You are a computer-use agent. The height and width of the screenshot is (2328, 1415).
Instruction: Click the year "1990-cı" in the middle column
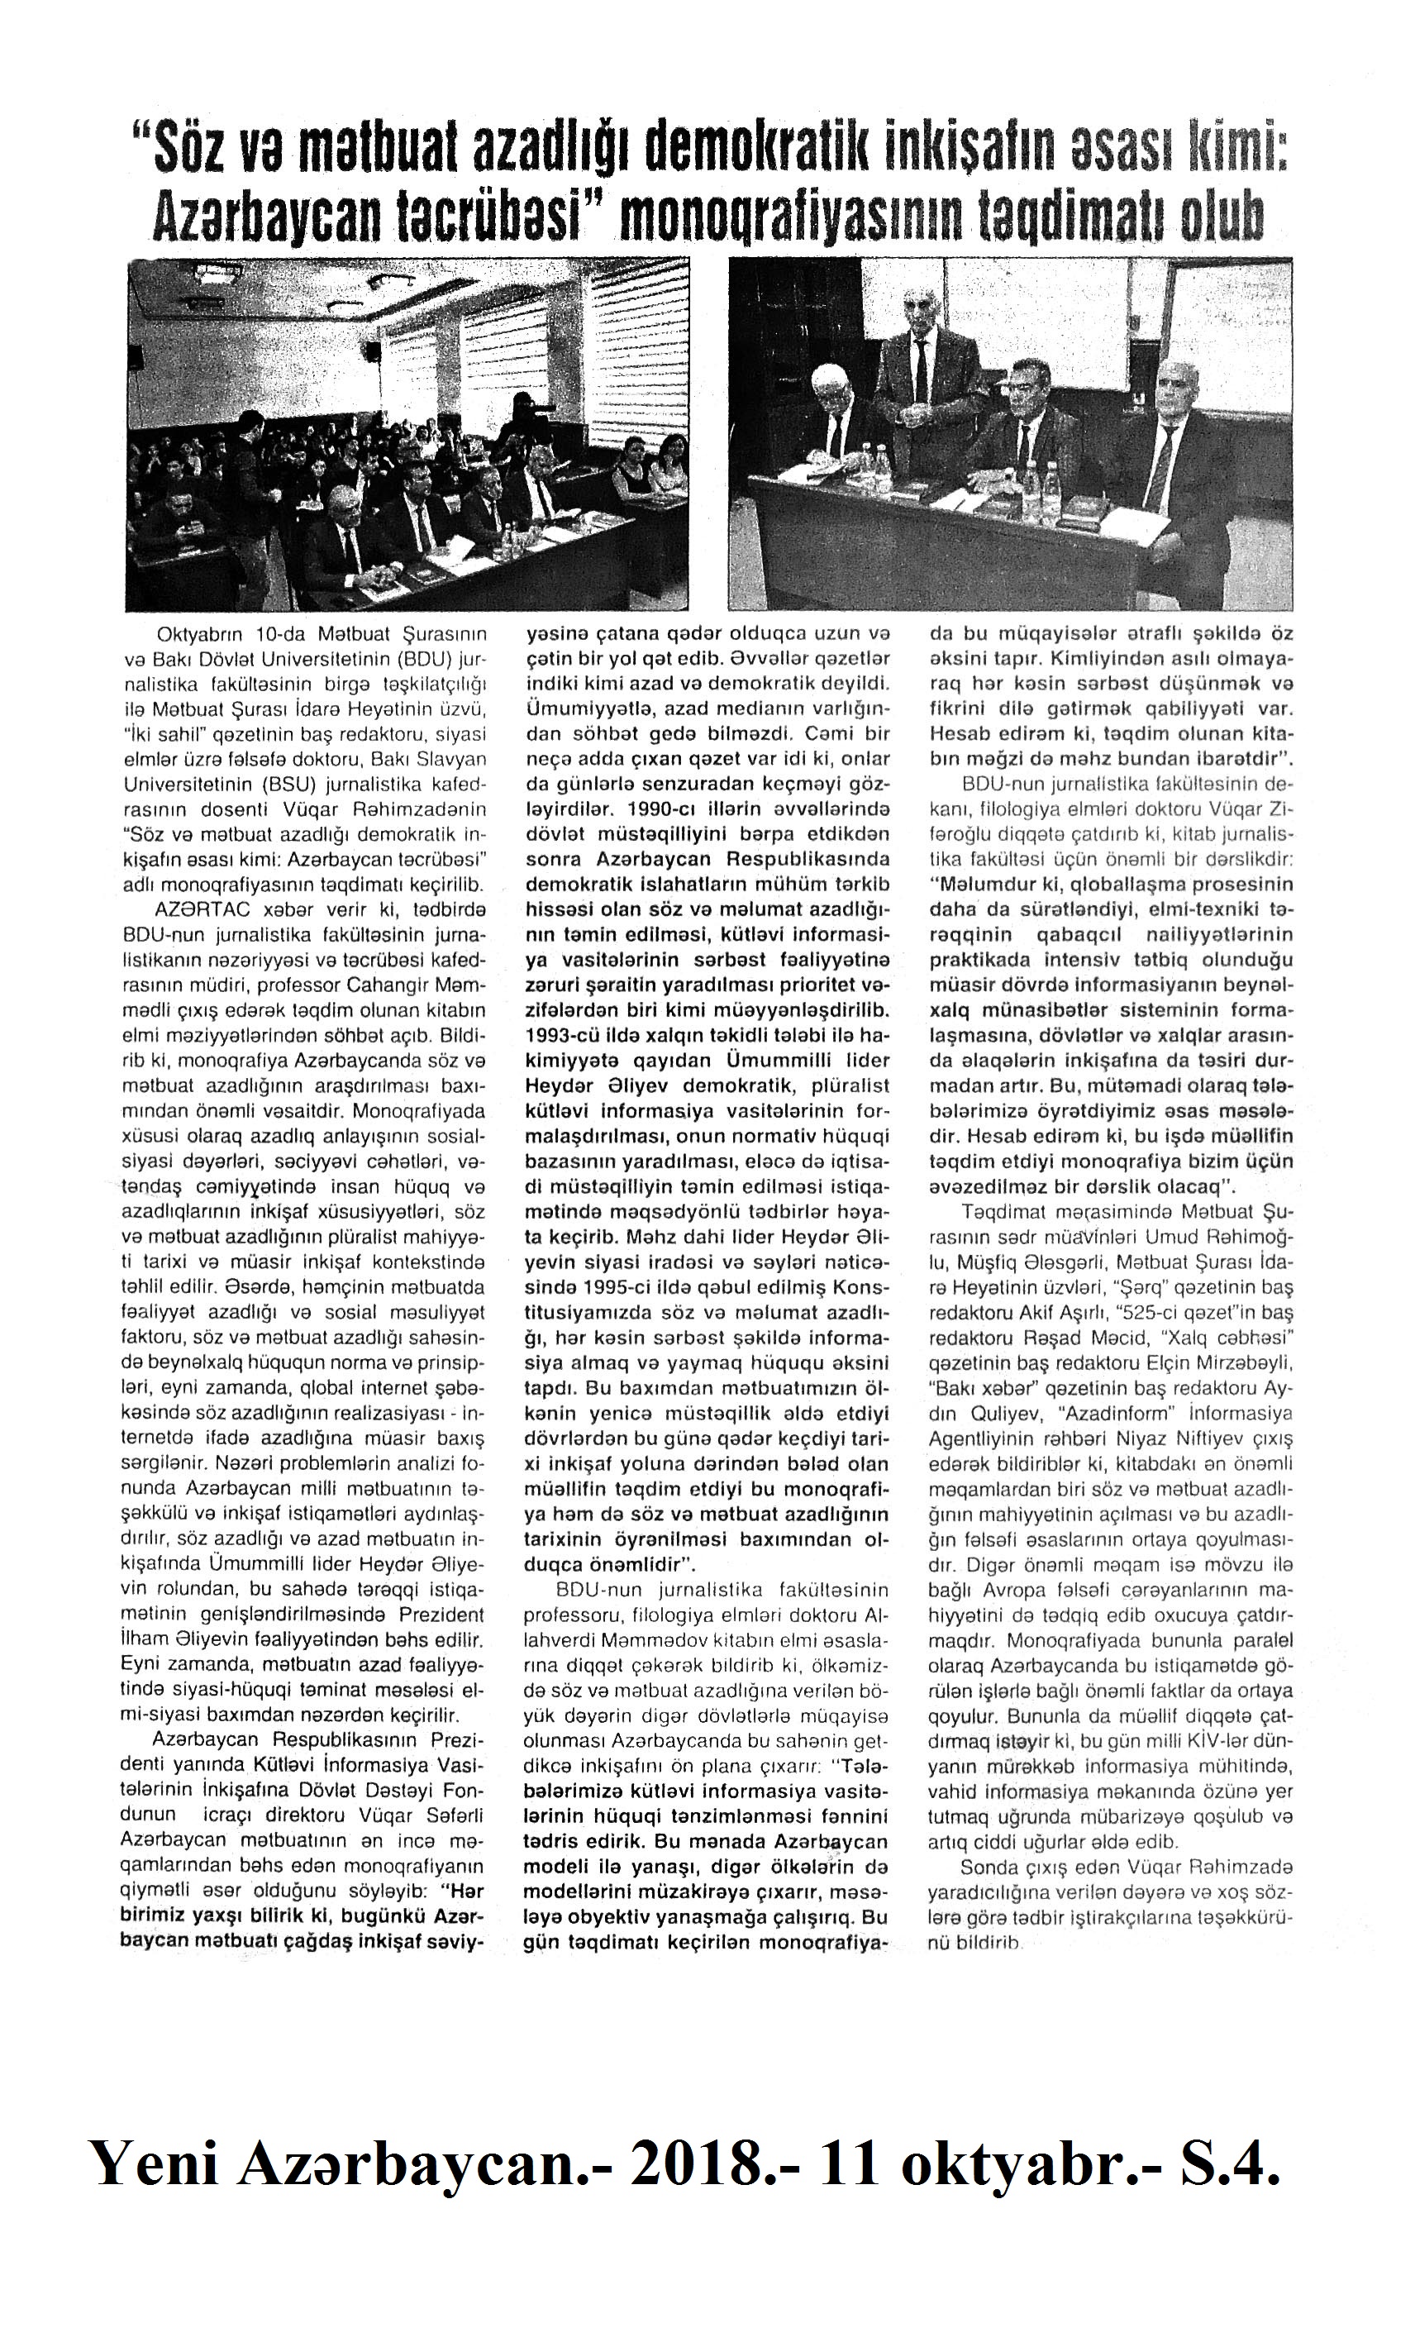tap(563, 809)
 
